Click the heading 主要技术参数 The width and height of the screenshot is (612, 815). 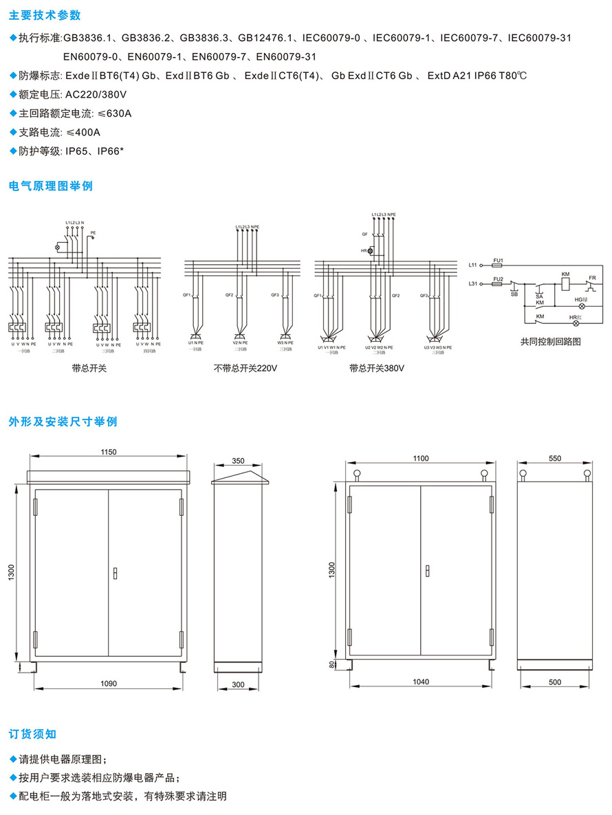45,15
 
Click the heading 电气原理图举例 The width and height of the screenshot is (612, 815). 50,186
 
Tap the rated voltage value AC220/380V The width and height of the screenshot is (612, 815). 96,94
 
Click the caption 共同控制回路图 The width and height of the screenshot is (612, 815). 550,340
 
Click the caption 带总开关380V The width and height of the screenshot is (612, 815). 377,369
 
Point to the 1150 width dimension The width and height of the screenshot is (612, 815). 108,452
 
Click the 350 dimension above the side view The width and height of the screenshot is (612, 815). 238,460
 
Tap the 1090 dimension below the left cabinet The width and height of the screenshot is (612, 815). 109,684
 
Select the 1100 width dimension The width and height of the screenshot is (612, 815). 421,458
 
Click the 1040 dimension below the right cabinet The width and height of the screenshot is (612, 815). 421,682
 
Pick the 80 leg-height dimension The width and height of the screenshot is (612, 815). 331,665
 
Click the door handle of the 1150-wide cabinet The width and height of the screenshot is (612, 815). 115,572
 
